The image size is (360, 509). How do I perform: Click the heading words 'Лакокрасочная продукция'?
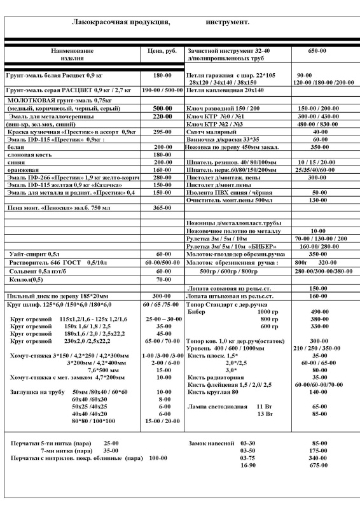[121, 22]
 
